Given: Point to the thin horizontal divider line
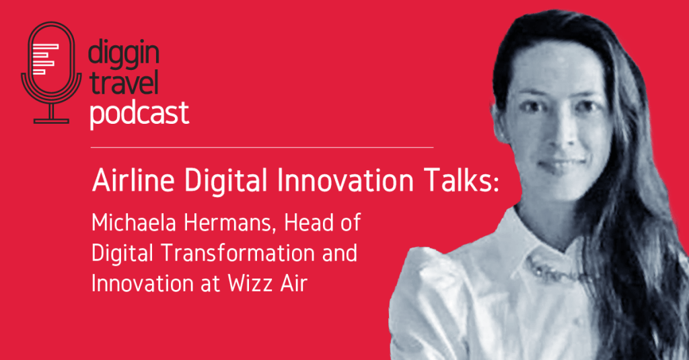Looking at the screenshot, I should pos(262,146).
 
